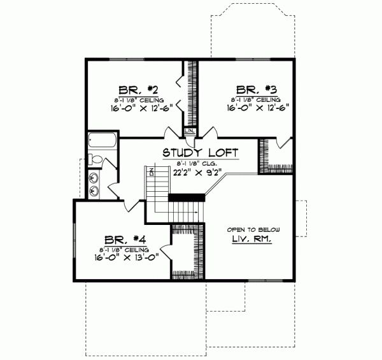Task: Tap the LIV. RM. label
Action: [252, 240]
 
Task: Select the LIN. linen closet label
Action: [189, 131]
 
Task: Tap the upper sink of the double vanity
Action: [94, 178]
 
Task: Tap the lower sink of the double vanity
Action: [94, 190]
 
